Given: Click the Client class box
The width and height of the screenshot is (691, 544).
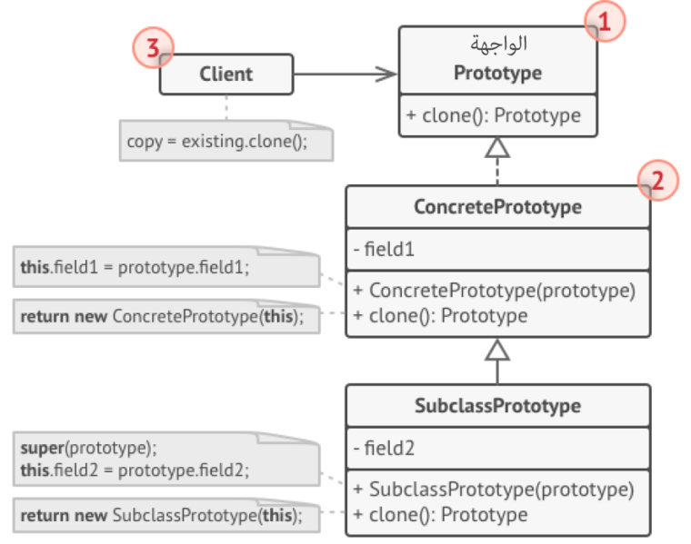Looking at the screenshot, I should [226, 74].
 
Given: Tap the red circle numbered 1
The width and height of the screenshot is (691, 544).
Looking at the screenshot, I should [606, 22].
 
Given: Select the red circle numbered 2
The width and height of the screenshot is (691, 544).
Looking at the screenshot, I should [658, 181].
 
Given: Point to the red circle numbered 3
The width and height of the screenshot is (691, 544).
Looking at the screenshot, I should [153, 48].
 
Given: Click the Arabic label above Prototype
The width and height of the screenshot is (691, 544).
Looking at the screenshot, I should [498, 44].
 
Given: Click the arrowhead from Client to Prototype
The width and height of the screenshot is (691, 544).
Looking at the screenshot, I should [386, 74].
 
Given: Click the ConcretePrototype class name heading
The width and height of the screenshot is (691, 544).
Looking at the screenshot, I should [497, 207].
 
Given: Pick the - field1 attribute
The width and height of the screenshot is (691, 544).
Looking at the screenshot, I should [384, 249].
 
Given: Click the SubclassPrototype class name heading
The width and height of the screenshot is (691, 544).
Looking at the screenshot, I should [497, 405].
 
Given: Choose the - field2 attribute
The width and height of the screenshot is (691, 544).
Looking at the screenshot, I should [385, 448].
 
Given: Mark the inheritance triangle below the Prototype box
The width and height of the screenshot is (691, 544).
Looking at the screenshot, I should [497, 147].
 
